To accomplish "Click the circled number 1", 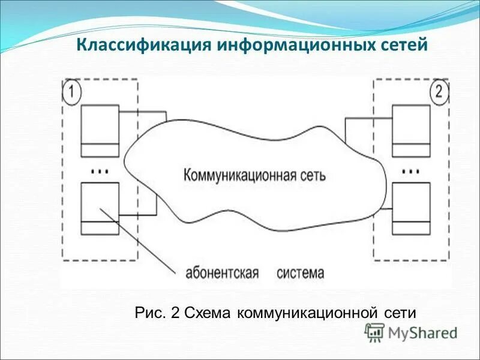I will coord(71,92).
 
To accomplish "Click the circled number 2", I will coord(439,92).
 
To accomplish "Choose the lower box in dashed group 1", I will coord(100,208).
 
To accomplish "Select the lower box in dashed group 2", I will coord(411,208).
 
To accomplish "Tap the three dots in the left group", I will coord(99,171).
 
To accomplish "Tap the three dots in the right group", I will coord(410,171).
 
